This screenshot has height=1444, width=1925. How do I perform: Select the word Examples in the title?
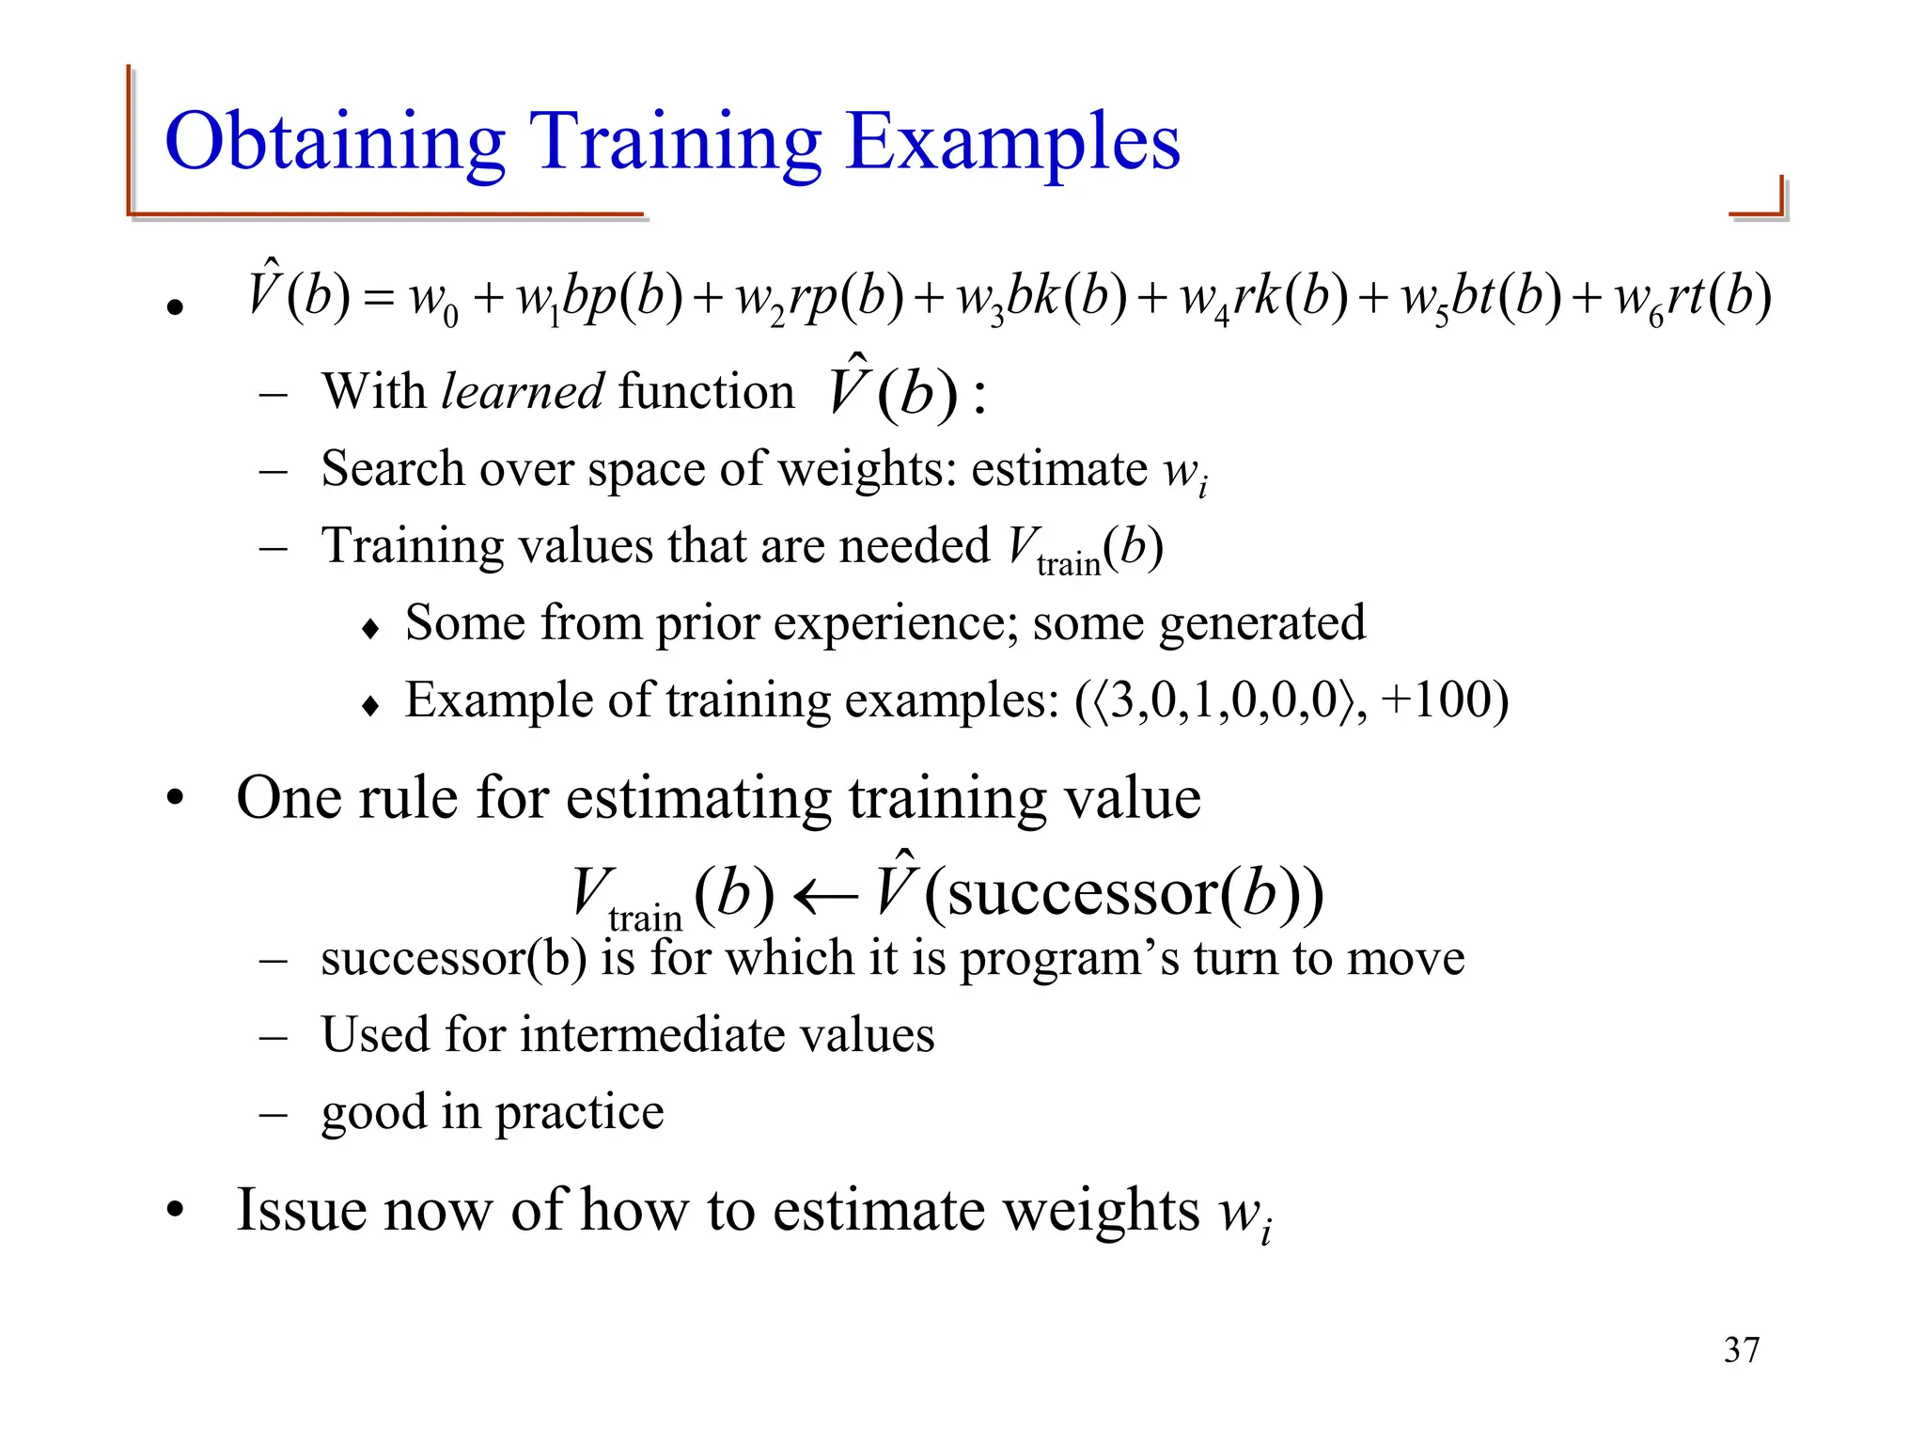[x=1012, y=143]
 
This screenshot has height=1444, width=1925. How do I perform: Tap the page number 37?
[x=1742, y=1350]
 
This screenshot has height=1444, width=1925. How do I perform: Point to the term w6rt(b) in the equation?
[x=1692, y=299]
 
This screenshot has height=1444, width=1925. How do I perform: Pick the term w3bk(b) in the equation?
[x=1041, y=299]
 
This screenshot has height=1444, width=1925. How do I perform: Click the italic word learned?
[x=523, y=391]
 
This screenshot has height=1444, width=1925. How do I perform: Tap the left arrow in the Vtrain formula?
[x=825, y=896]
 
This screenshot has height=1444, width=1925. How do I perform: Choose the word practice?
[x=579, y=1112]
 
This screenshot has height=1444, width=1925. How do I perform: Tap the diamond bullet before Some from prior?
[x=370, y=628]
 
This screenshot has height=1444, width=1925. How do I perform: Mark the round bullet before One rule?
[x=175, y=799]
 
